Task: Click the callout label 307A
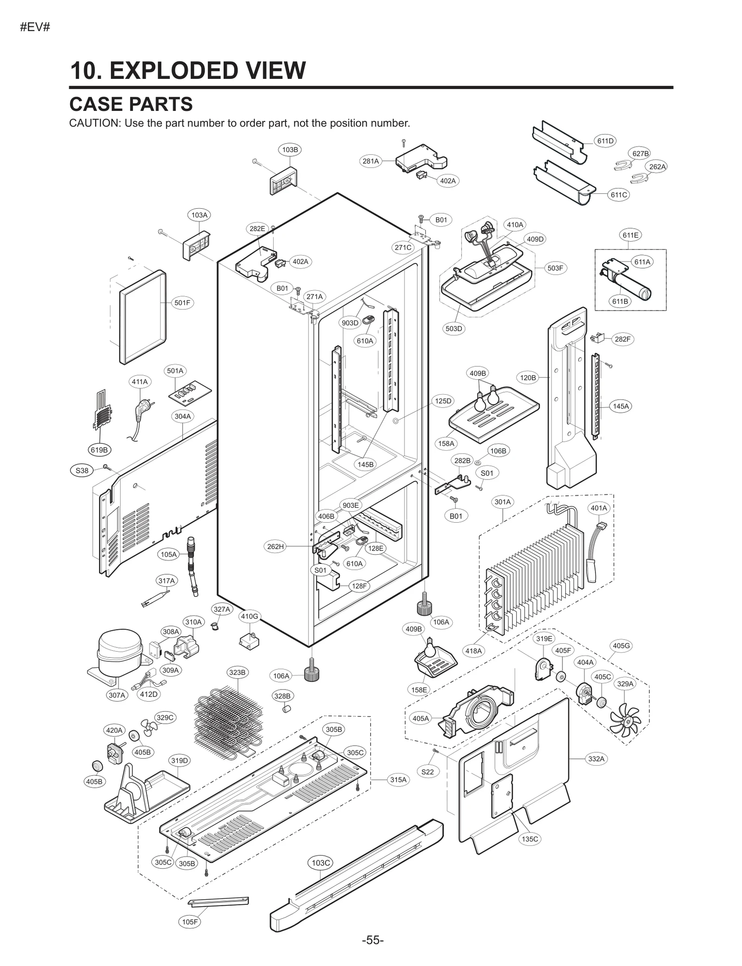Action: click(x=117, y=695)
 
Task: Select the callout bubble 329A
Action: click(x=625, y=684)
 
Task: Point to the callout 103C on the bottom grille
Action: click(x=320, y=863)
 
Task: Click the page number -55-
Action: click(x=373, y=940)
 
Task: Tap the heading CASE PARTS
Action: click(x=131, y=104)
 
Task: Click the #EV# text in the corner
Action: click(x=35, y=27)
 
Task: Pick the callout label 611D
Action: click(x=605, y=141)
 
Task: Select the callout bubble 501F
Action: click(x=182, y=303)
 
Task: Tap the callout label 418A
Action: click(x=473, y=651)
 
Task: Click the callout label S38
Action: click(x=82, y=470)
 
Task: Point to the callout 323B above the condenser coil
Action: click(x=237, y=672)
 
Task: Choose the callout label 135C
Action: click(x=530, y=838)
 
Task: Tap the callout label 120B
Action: click(x=528, y=377)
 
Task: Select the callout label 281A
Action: click(x=371, y=161)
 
